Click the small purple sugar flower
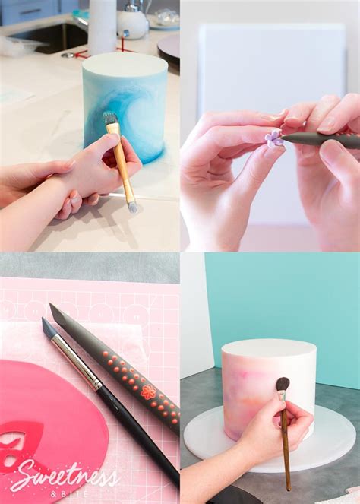click(x=273, y=138)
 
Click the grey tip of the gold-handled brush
click(x=132, y=206)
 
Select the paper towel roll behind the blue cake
click(x=101, y=27)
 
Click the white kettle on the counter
click(x=132, y=21)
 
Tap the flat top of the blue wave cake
click(x=125, y=63)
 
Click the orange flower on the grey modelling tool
click(x=148, y=392)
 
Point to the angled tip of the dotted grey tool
click(x=55, y=312)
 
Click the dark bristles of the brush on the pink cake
click(x=282, y=385)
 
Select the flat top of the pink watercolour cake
click(x=269, y=348)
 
